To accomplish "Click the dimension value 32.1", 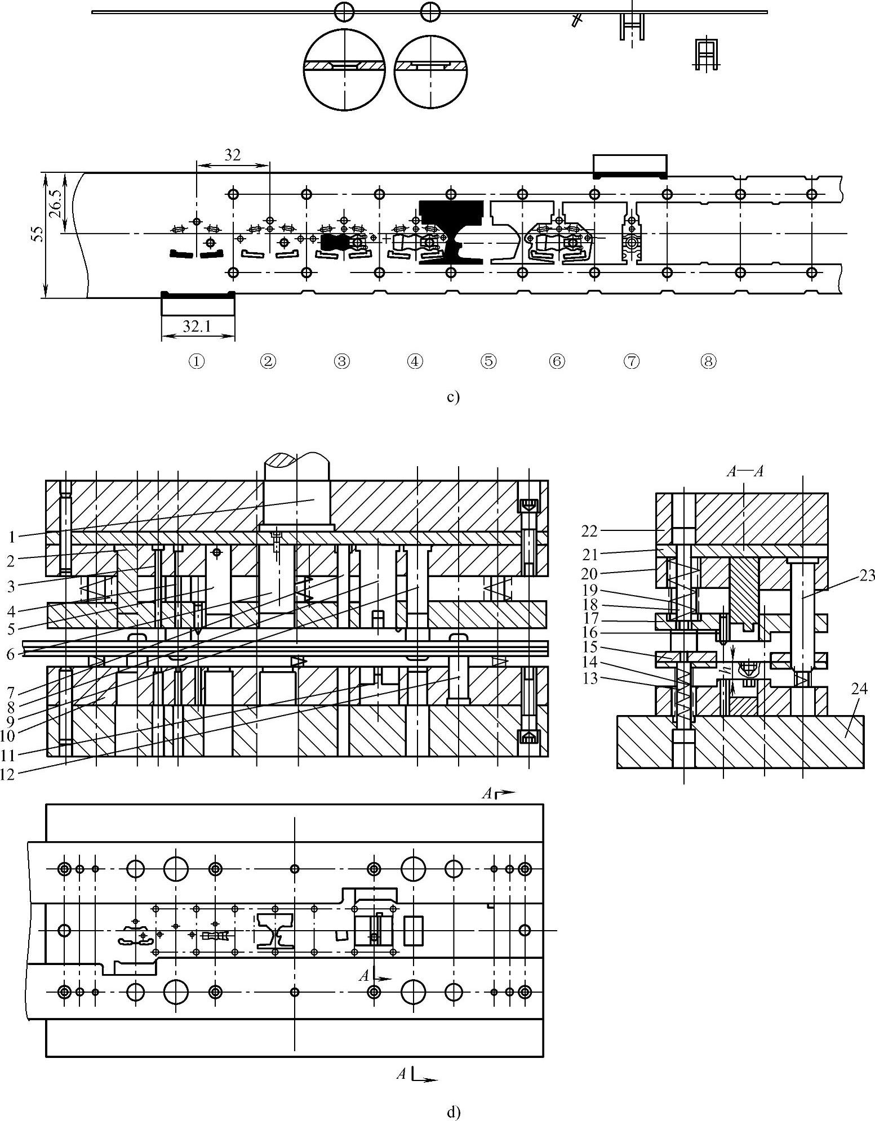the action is pyautogui.click(x=196, y=326).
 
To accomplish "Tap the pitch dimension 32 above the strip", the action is pyautogui.click(x=232, y=155).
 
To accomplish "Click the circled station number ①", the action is pyautogui.click(x=196, y=361).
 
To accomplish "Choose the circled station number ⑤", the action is pyautogui.click(x=488, y=361).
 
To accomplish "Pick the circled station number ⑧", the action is pyautogui.click(x=708, y=361).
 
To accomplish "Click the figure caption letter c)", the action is pyautogui.click(x=453, y=398).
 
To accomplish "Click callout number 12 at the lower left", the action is pyautogui.click(x=7, y=774).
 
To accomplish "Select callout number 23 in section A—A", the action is pyautogui.click(x=867, y=575).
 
